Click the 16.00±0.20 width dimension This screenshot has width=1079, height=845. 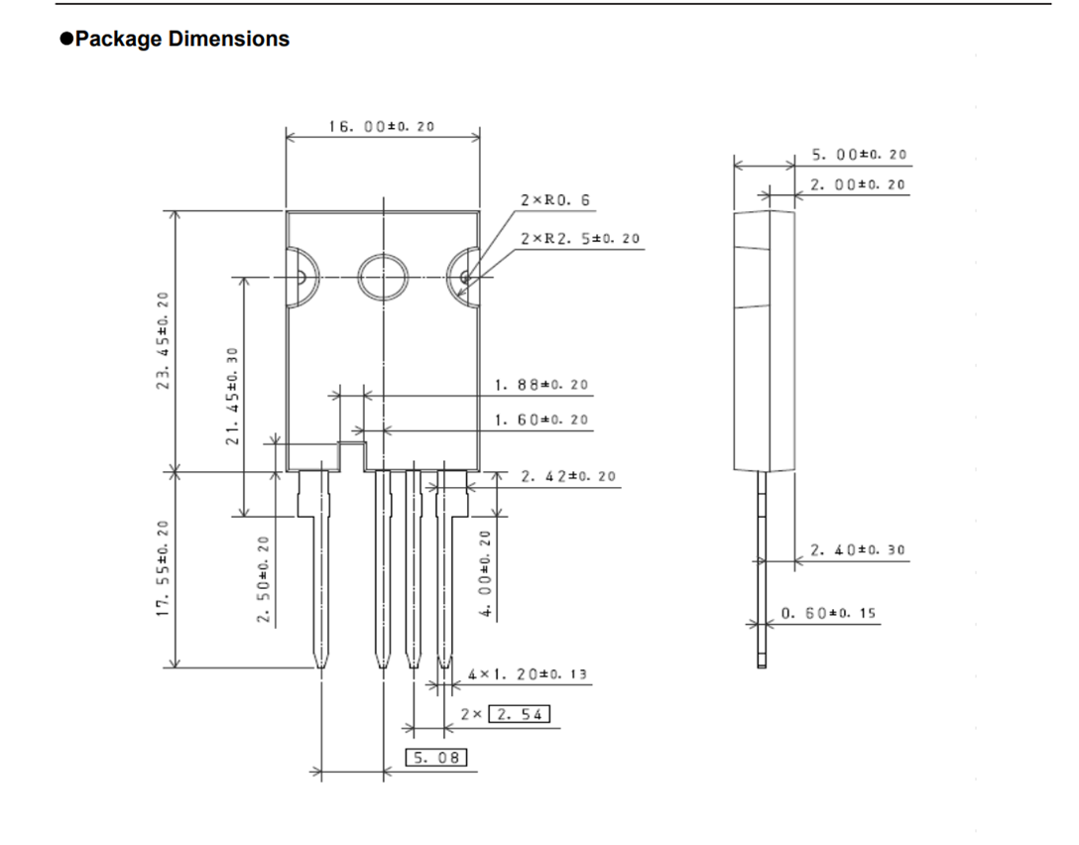(381, 126)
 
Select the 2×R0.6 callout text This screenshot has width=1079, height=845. (555, 199)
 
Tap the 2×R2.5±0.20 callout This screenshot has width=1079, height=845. (580, 238)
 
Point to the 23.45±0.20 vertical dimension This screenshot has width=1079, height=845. (163, 340)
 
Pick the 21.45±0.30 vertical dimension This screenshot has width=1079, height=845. (232, 396)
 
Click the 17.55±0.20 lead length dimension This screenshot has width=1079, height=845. (163, 568)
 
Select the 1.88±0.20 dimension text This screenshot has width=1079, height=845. (541, 385)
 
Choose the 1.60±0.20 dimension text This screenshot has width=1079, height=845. (541, 420)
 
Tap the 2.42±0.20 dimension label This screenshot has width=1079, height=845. (568, 476)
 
